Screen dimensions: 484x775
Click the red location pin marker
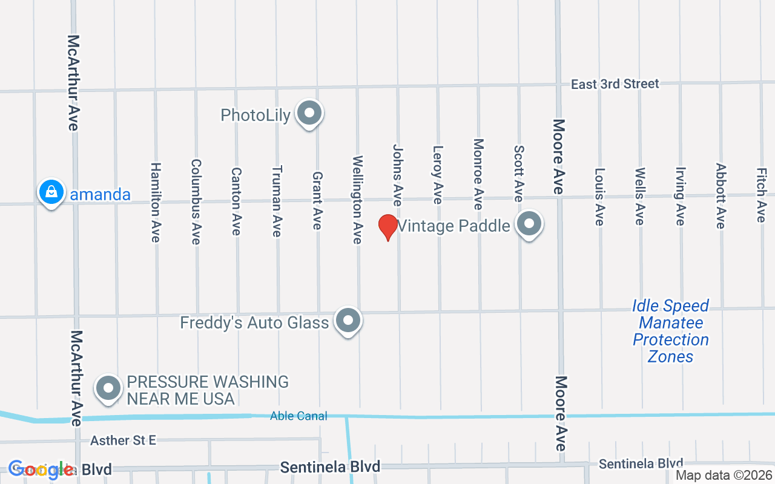(387, 227)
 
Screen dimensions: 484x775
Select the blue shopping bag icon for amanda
(52, 192)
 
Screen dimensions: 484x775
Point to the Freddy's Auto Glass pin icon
(348, 321)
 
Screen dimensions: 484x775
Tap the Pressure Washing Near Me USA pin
(109, 388)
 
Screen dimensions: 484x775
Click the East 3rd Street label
(615, 84)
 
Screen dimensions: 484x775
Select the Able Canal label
(298, 416)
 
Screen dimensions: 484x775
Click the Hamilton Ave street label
(156, 202)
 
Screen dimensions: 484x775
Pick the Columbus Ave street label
(196, 202)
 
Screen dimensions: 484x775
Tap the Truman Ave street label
(277, 201)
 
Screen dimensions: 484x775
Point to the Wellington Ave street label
(357, 200)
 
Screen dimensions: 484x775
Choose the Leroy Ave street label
(438, 174)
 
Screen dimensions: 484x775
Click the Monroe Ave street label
(478, 174)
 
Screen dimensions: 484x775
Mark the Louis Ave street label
(599, 197)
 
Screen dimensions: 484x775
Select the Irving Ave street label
(680, 196)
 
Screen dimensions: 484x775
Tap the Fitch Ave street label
(760, 195)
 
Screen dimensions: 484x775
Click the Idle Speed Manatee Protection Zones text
(670, 331)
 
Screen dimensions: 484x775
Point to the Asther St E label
(123, 440)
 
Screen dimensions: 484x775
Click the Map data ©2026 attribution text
(724, 476)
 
